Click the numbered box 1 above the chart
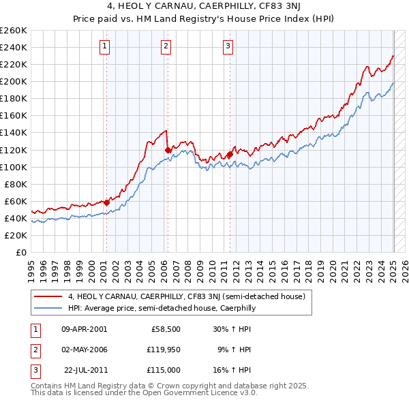(x=105, y=46)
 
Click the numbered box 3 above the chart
(x=227, y=46)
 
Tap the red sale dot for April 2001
(x=107, y=202)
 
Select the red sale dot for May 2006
(x=168, y=149)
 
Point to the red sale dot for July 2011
(x=230, y=154)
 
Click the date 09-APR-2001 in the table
(x=84, y=329)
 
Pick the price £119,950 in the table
(x=162, y=350)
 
